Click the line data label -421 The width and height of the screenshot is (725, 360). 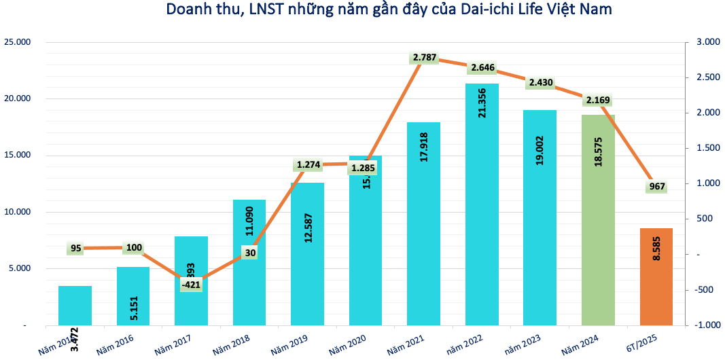pyautogui.click(x=191, y=285)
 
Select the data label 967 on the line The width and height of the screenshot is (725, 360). pyautogui.click(x=656, y=187)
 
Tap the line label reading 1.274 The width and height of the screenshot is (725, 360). pyautogui.click(x=308, y=164)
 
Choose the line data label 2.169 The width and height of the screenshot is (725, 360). pyautogui.click(x=597, y=101)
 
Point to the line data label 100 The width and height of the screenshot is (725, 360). pyautogui.click(x=134, y=248)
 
